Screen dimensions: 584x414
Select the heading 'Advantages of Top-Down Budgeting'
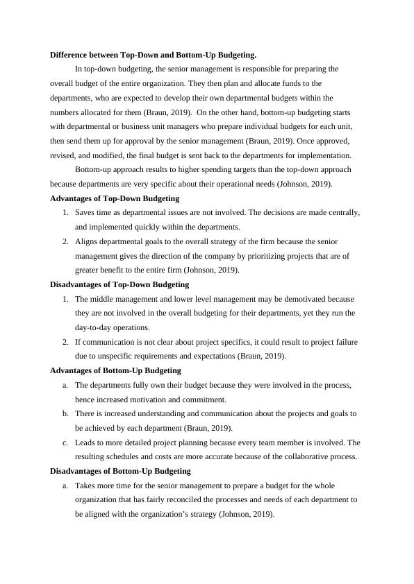tap(115, 198)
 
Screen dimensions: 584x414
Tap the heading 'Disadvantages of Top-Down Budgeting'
tap(119, 284)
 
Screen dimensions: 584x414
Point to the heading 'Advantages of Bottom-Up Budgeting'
tap(115, 370)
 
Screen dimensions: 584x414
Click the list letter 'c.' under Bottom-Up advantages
tap(65, 443)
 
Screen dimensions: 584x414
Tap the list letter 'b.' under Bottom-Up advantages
tap(65, 413)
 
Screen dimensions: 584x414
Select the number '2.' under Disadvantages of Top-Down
tap(65, 342)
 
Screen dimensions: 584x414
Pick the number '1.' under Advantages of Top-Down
tap(65, 213)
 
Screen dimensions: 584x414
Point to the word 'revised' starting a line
tap(63, 155)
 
